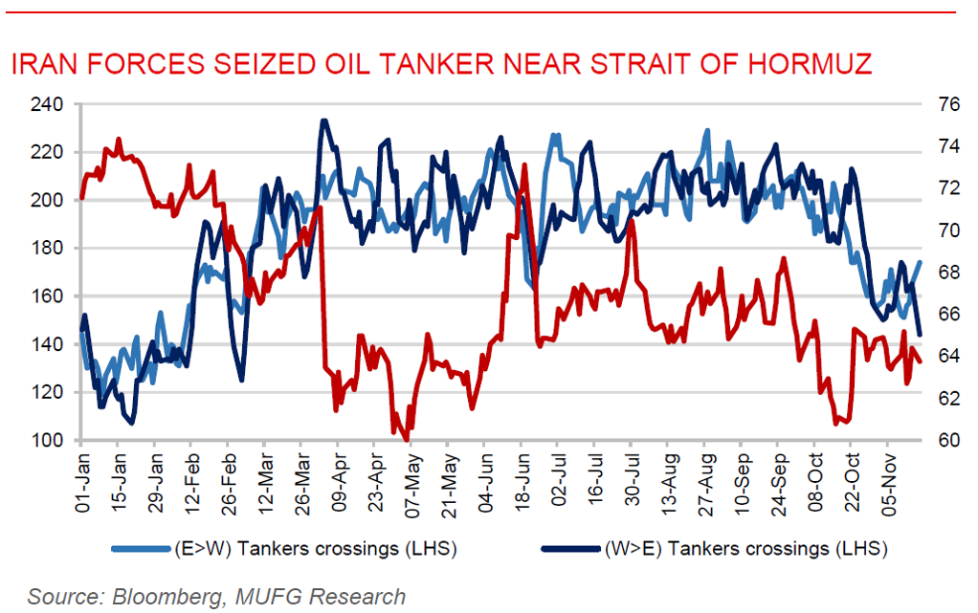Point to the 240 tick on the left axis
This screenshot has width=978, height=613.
pyautogui.click(x=47, y=104)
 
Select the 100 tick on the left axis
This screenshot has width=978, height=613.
pyautogui.click(x=47, y=441)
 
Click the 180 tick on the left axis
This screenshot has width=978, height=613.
pyautogui.click(x=47, y=249)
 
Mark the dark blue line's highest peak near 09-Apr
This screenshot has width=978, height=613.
pyautogui.click(x=323, y=120)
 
